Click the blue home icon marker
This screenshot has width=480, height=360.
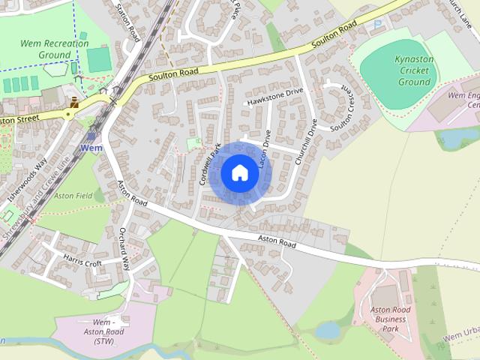pos(240,173)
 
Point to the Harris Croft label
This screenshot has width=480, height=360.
pos(82,264)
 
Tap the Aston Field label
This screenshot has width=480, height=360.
pos(73,196)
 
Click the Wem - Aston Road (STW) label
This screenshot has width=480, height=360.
pos(104,332)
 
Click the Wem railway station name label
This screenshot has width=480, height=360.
pos(91,148)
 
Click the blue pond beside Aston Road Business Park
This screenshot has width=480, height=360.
pos(328,330)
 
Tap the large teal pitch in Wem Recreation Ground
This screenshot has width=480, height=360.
pos(98,60)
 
